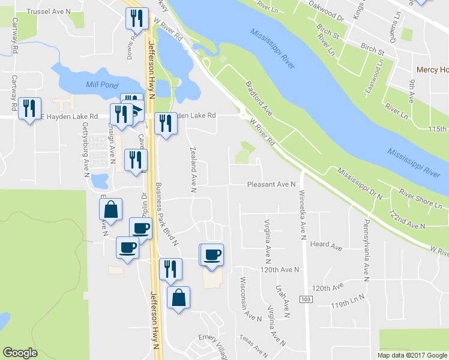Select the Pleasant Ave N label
(272, 185)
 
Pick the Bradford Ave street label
(259, 100)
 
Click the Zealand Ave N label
(193, 169)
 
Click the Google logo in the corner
(20, 352)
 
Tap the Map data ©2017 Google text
(412, 355)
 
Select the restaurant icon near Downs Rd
(136, 19)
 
